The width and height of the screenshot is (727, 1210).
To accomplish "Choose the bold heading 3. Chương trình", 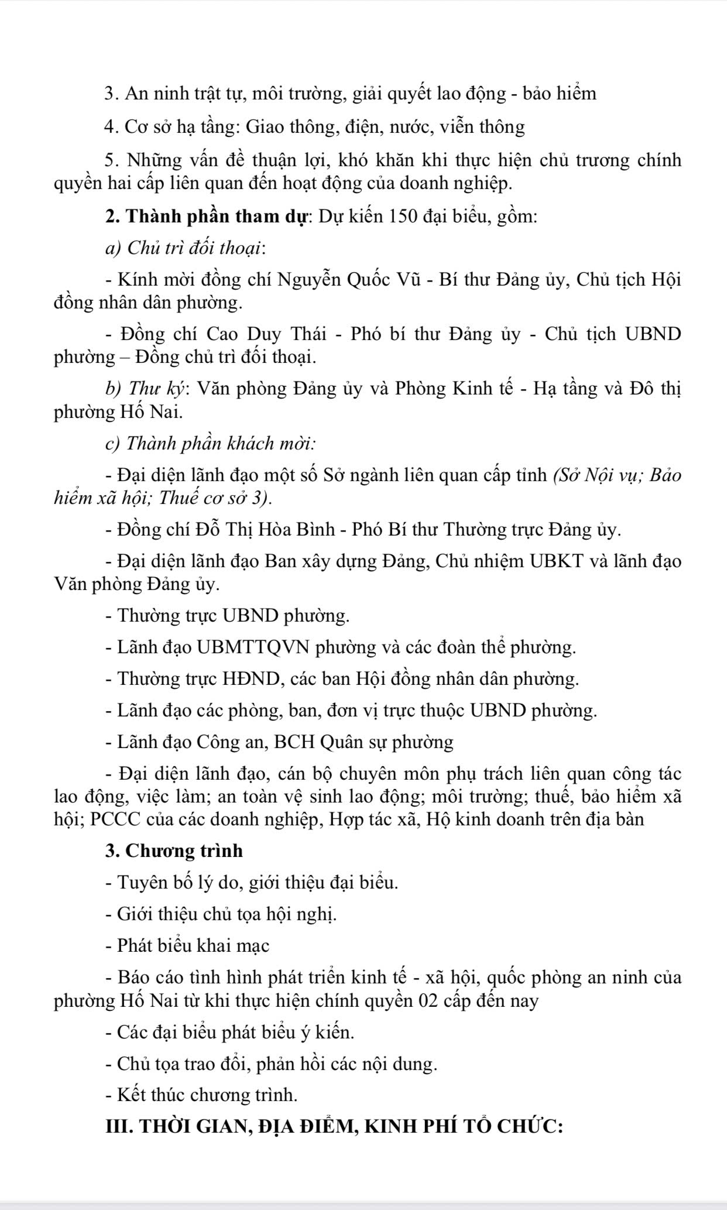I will click(x=174, y=851).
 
